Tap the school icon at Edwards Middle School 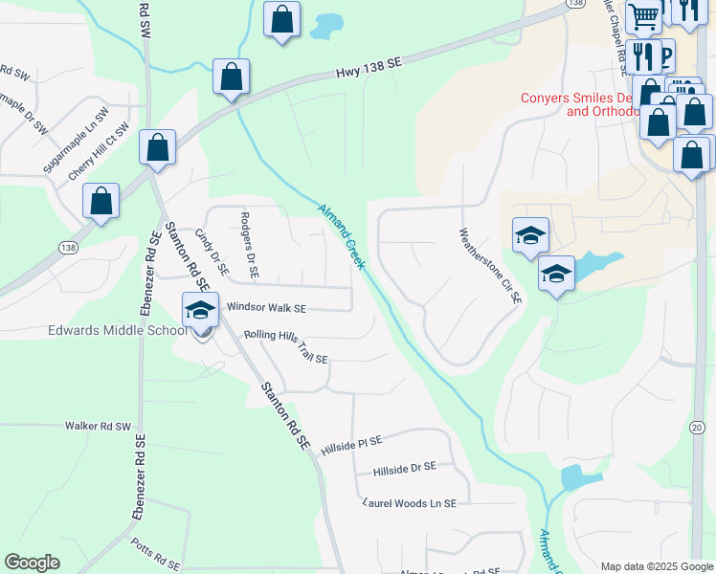[200, 311]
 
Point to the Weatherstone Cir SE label [491, 265]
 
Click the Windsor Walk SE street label [266, 308]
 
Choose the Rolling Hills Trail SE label [286, 346]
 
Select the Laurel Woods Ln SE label [410, 502]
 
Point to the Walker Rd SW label [97, 425]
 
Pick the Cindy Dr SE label [212, 252]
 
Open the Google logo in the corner [32, 563]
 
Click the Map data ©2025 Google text [656, 566]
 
